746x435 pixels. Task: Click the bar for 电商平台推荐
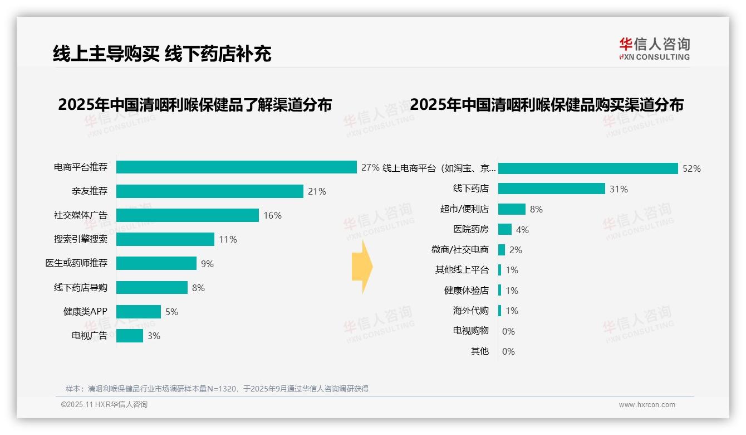click(x=236, y=167)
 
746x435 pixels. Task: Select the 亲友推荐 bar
click(x=209, y=191)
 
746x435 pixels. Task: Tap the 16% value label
click(x=272, y=215)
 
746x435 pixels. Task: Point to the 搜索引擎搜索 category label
click(x=80, y=239)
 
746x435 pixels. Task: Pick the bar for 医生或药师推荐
click(x=156, y=263)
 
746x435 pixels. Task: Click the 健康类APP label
click(x=85, y=312)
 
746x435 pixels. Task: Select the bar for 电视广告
click(x=130, y=336)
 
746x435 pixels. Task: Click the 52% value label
click(x=691, y=168)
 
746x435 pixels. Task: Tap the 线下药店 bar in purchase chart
click(x=551, y=188)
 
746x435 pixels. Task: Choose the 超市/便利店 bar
click(x=512, y=209)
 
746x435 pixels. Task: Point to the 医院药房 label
click(x=470, y=229)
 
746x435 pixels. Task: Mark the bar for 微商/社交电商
click(x=502, y=250)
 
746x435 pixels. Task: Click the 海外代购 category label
click(x=470, y=311)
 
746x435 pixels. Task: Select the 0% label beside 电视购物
click(x=508, y=331)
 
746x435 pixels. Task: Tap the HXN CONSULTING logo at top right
click(x=654, y=49)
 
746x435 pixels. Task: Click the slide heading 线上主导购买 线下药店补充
click(x=162, y=54)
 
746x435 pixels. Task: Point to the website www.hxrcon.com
click(x=647, y=405)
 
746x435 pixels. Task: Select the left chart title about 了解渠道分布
click(x=195, y=105)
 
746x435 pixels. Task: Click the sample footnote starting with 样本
click(x=217, y=389)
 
